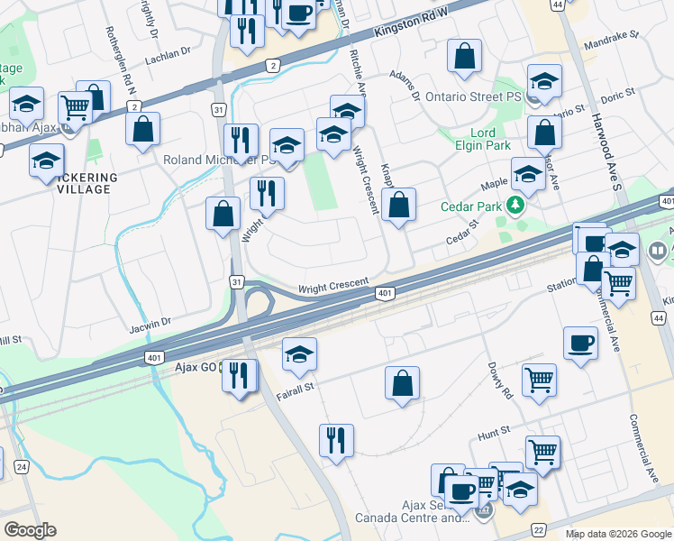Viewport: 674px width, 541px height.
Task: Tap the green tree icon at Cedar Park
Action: pos(515,206)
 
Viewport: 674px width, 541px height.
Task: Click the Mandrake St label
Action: pos(614,37)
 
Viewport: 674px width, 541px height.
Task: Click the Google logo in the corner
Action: pos(30,530)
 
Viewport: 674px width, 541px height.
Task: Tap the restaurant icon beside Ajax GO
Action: pos(240,374)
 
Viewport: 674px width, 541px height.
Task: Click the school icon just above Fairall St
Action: pos(299,353)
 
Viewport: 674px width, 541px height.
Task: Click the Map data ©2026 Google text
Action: pos(617,534)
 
